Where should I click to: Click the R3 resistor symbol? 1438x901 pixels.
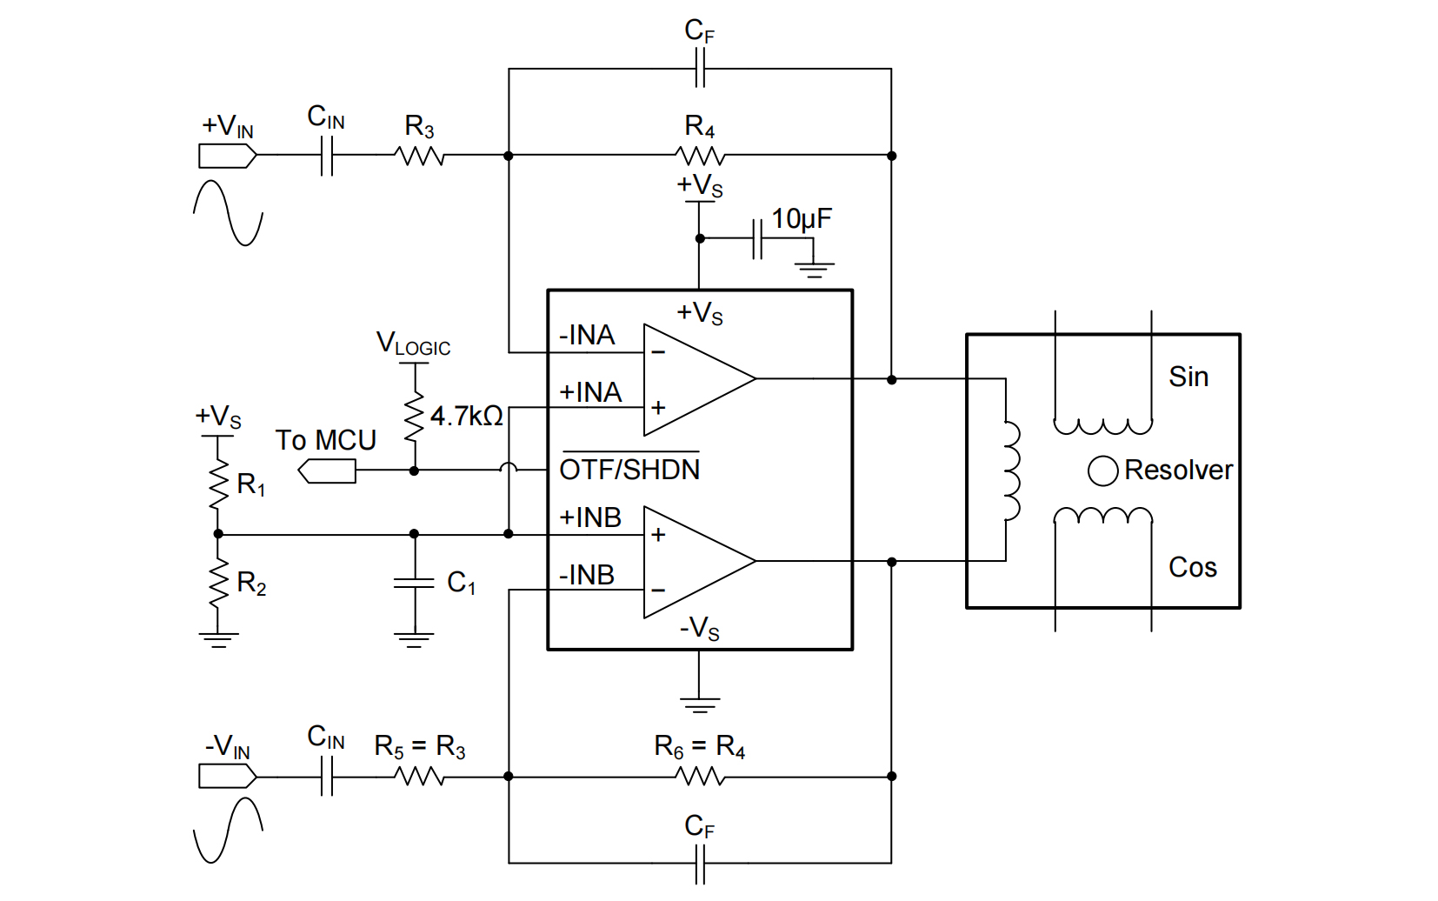tap(420, 157)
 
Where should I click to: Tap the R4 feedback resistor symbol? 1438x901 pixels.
tap(699, 157)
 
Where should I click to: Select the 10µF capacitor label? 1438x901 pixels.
tap(801, 218)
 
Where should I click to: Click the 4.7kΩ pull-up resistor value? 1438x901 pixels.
tap(466, 417)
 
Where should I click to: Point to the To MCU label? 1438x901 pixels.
tap(325, 440)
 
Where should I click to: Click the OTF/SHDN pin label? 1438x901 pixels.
tap(629, 470)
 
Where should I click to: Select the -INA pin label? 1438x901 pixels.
tap(587, 336)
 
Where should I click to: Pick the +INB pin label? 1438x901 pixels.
tap(590, 517)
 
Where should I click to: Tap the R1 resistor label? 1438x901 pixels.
tap(251, 484)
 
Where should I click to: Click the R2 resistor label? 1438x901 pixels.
tap(251, 583)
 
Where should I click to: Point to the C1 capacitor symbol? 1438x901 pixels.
tap(414, 584)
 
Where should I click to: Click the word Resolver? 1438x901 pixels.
tap(1178, 471)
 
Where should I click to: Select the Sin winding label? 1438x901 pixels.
tap(1188, 377)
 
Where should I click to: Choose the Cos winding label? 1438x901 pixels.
tap(1192, 567)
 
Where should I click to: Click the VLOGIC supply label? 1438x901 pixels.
tap(413, 344)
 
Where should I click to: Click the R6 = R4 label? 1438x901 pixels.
tap(699, 746)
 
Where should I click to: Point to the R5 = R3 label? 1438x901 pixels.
tap(420, 746)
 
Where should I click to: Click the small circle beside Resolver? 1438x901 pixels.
tap(1102, 471)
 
